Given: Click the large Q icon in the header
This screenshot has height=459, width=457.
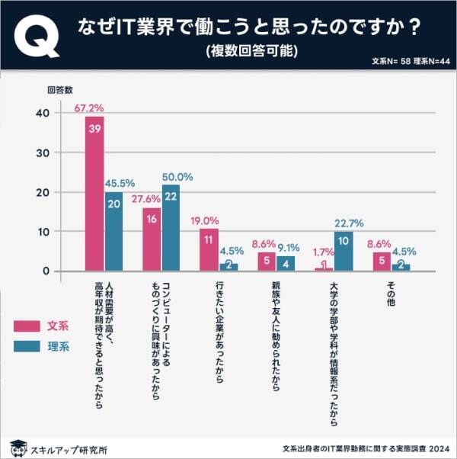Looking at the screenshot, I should (37, 37).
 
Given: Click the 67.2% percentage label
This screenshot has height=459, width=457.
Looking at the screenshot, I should (89, 108).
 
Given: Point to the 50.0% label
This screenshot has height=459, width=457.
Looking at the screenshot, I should (177, 176).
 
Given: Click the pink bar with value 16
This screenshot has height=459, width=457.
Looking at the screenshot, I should (152, 239).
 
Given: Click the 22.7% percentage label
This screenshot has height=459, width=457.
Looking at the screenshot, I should (348, 223).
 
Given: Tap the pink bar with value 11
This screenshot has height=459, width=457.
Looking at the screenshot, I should (209, 249).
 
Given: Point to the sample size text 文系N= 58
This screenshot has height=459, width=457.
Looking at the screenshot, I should (391, 61).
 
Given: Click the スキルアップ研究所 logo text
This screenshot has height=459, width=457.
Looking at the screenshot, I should (68, 448).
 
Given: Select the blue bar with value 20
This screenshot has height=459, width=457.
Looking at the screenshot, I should (113, 232).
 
